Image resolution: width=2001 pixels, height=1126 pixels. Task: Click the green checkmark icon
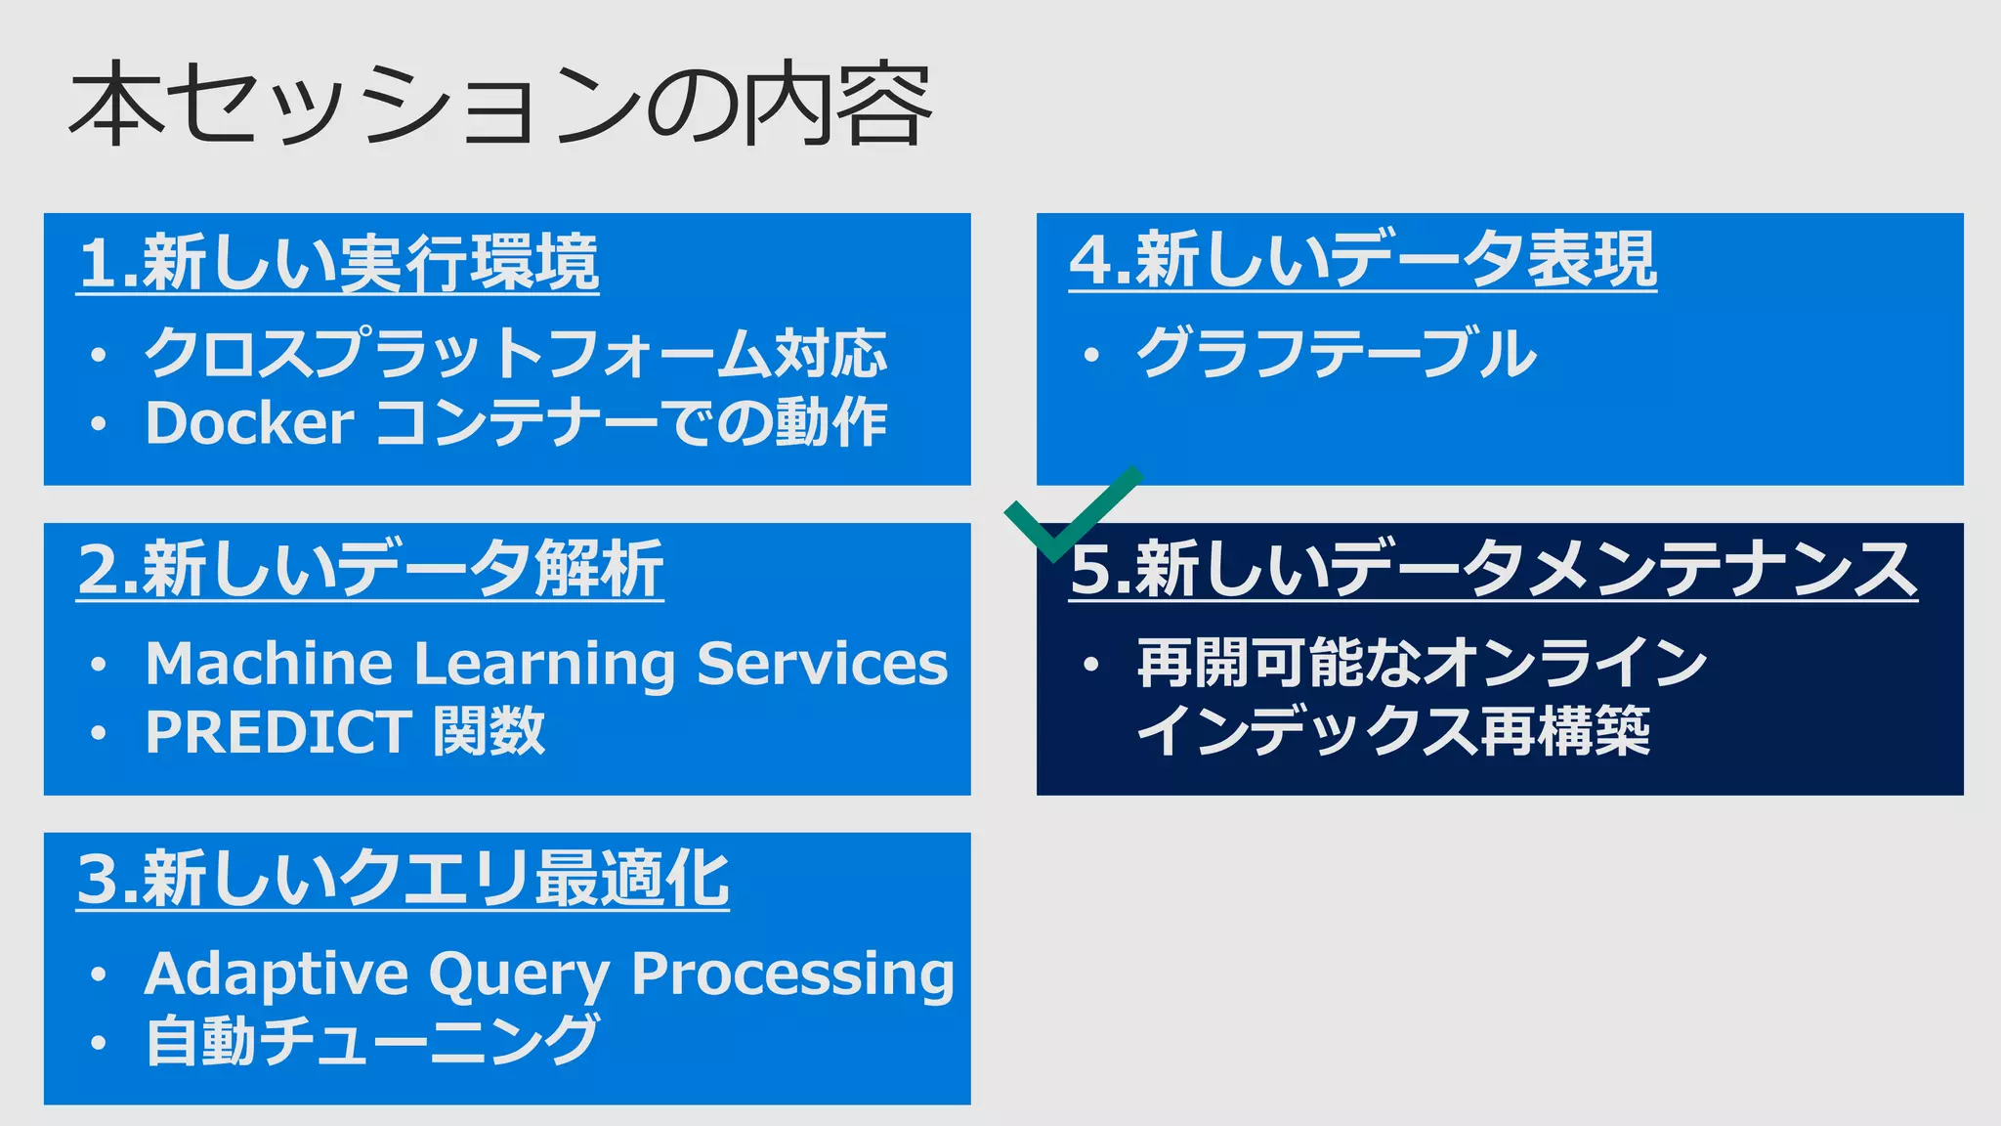point(1070,515)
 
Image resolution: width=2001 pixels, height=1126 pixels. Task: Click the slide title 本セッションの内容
point(499,104)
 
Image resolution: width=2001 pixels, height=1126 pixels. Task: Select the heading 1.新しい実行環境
point(338,263)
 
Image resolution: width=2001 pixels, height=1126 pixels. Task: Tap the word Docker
point(249,423)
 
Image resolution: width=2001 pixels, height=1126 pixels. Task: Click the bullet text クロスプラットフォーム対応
point(515,353)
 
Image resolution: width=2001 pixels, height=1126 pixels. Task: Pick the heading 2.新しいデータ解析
point(370,570)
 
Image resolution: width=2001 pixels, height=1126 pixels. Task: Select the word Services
point(822,664)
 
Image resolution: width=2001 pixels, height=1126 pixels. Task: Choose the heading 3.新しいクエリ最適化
point(403,879)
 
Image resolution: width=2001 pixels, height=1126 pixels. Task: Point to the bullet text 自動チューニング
point(371,1041)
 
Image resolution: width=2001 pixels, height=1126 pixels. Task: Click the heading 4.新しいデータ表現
point(1362,260)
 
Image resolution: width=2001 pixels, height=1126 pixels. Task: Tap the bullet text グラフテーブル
point(1336,353)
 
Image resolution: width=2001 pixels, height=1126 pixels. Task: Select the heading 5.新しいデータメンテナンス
point(1493,570)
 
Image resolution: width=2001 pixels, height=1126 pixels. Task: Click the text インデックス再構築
point(1393,732)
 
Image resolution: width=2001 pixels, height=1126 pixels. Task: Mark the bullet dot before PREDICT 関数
point(98,733)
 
